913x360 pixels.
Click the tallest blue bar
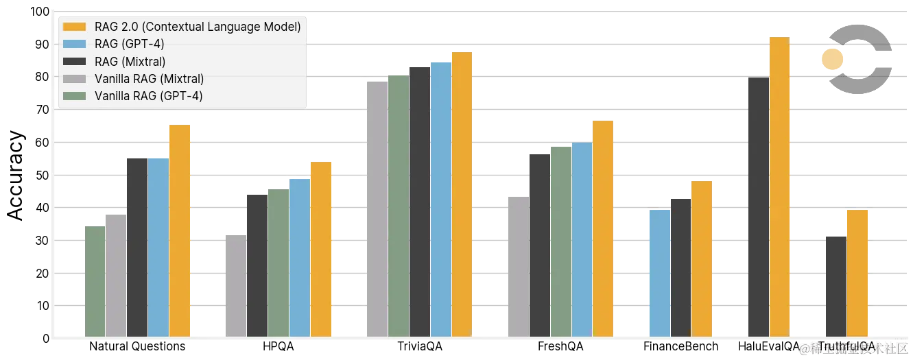click(440, 199)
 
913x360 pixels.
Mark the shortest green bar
click(94, 280)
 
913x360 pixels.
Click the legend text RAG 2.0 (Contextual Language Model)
click(198, 27)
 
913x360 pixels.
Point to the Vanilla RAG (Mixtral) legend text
click(149, 79)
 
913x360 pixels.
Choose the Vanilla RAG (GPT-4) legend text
click(148, 96)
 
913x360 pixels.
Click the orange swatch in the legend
click(74, 27)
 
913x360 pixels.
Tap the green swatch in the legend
click(74, 96)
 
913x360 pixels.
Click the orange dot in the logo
click(832, 59)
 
